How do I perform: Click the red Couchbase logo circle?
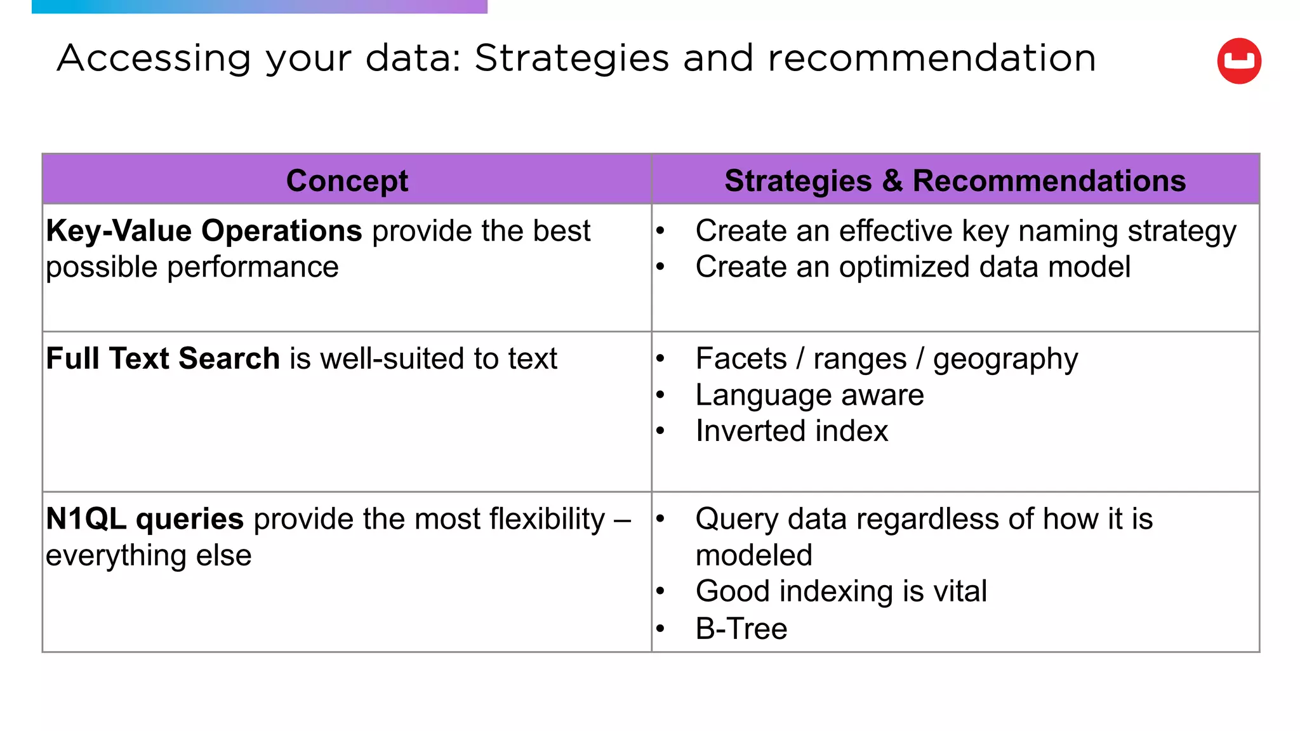tap(1238, 61)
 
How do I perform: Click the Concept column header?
tap(347, 180)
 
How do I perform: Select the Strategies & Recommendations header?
tap(955, 180)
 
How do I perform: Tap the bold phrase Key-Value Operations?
tap(204, 231)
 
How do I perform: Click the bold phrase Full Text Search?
tap(162, 359)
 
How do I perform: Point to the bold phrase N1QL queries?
tap(145, 519)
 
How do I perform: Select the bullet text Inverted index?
tap(791, 431)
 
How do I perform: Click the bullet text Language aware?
tap(809, 395)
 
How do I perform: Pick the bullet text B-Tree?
tap(741, 629)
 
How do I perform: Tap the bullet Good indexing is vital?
tap(840, 591)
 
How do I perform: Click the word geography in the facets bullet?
tap(1005, 359)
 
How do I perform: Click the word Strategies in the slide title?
tap(571, 58)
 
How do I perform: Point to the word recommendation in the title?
tap(931, 58)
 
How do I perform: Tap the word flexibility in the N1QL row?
tap(547, 519)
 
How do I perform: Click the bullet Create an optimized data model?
tap(912, 267)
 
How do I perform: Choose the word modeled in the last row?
tap(753, 555)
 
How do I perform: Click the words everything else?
tap(149, 556)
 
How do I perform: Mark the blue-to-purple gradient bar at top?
tap(259, 6)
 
